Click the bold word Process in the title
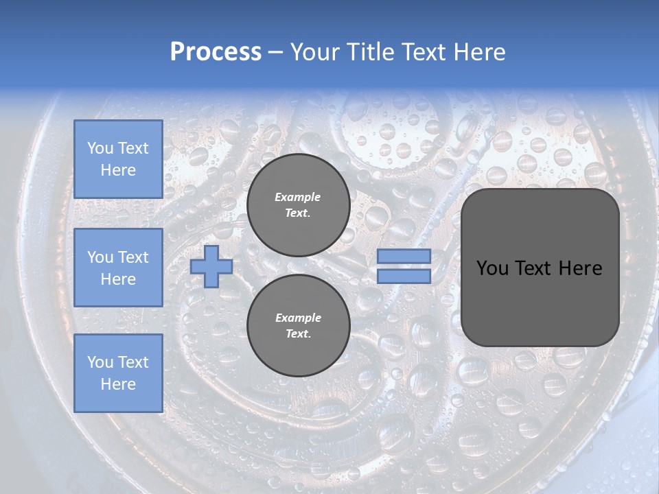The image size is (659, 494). point(216,51)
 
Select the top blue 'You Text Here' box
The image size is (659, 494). point(118,159)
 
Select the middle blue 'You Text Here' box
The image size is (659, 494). point(118,268)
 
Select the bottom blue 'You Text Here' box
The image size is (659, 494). point(118,373)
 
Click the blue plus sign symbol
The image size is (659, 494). point(211,266)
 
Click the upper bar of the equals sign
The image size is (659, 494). point(404,256)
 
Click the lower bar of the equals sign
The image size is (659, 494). point(404,277)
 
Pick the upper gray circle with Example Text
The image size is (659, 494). point(298,205)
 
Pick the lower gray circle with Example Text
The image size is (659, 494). point(298,326)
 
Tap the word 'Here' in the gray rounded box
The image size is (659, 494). point(580,268)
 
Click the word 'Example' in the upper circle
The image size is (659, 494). point(298,197)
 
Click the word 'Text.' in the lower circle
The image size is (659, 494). point(298,334)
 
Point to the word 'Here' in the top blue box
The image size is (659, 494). point(118,170)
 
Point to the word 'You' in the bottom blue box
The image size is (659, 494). point(99,362)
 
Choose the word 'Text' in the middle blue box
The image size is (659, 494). point(133,257)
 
